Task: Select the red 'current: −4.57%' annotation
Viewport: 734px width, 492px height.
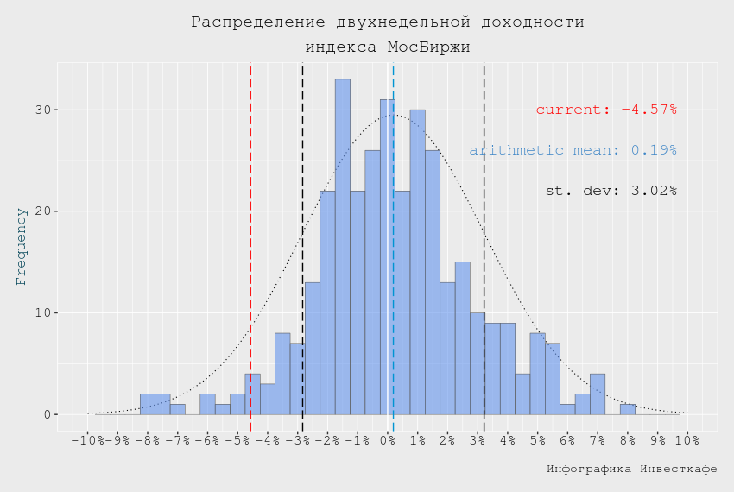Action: click(x=606, y=110)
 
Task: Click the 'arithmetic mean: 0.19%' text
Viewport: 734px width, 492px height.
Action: click(x=573, y=150)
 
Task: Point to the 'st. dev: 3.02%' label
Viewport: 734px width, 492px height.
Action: click(x=611, y=190)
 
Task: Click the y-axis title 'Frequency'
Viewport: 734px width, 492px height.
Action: click(x=22, y=246)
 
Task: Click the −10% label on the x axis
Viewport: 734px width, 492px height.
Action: click(x=86, y=442)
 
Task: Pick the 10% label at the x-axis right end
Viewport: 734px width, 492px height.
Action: click(x=687, y=442)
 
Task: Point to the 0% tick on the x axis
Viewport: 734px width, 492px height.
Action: click(x=388, y=442)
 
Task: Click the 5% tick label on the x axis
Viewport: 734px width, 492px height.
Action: click(x=538, y=442)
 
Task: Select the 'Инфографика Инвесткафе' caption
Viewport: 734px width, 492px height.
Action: click(x=631, y=469)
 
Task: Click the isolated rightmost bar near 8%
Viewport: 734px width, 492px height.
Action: click(x=627, y=409)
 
